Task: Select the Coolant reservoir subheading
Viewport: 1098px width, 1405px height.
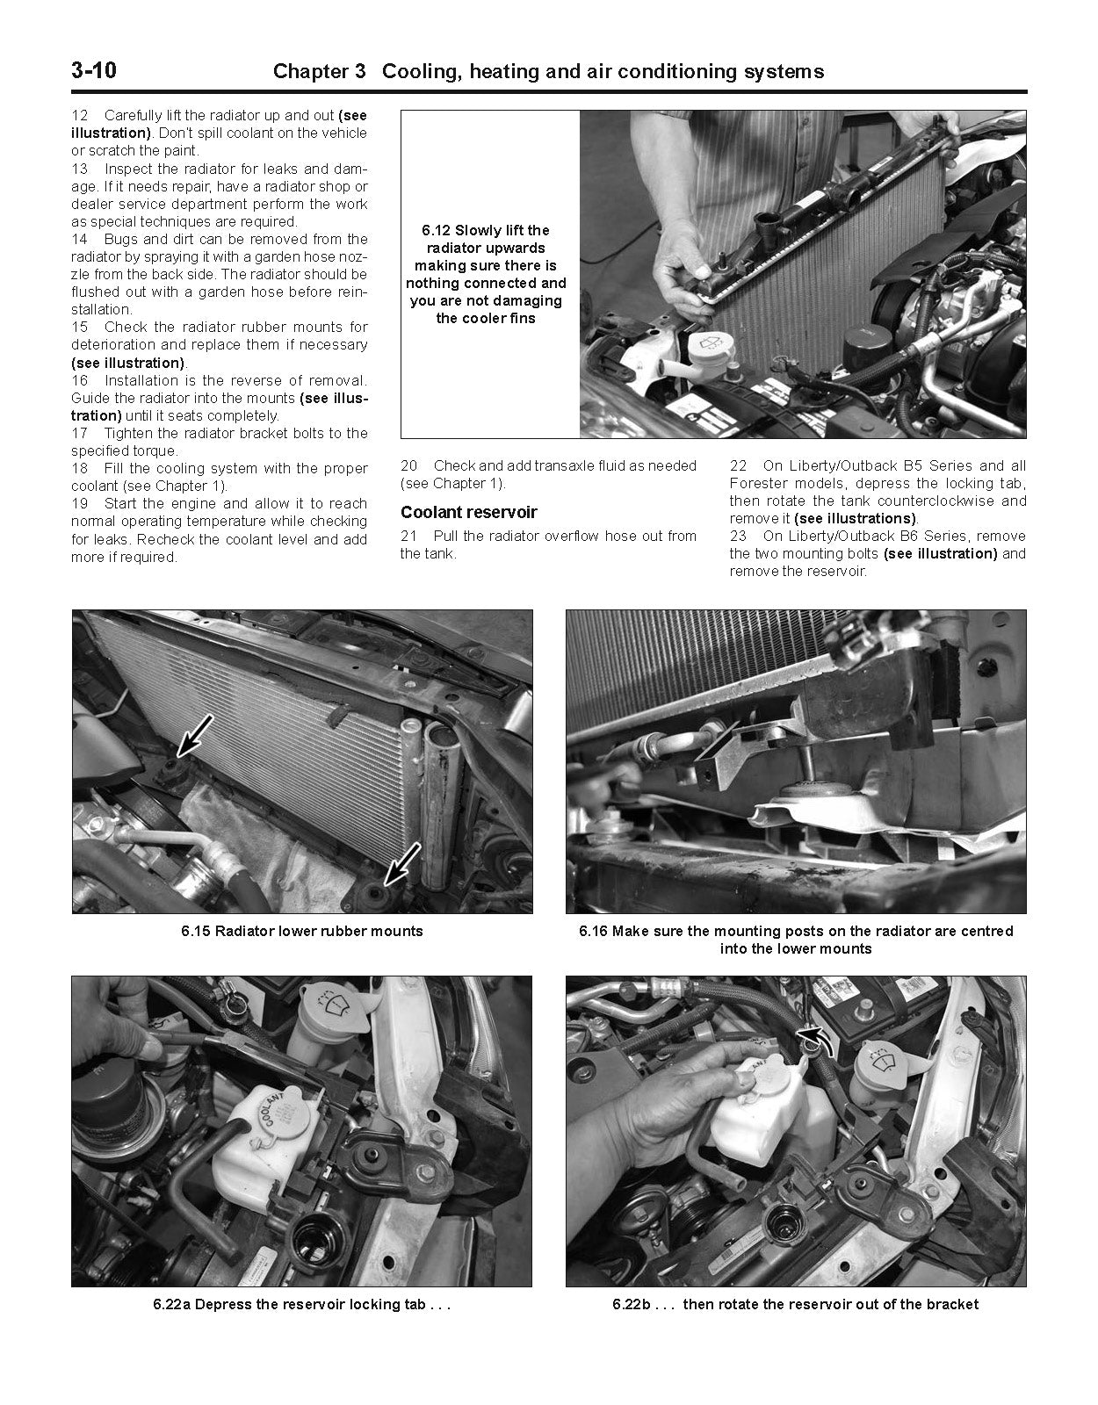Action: [x=468, y=512]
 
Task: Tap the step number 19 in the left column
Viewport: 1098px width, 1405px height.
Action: [x=80, y=504]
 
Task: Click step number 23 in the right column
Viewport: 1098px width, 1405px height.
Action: [x=738, y=537]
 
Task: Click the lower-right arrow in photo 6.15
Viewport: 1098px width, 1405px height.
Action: [x=403, y=862]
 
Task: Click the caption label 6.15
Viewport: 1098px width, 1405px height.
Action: [x=196, y=931]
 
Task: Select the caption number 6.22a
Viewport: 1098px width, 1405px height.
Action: [x=171, y=1304]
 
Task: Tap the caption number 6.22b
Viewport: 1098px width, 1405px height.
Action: [x=630, y=1304]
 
